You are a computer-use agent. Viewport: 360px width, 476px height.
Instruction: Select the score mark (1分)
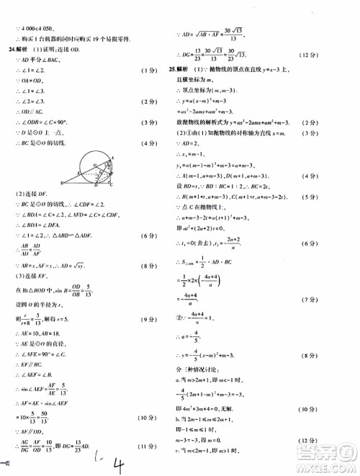147,71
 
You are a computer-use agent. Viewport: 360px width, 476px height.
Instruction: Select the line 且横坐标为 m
197,83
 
